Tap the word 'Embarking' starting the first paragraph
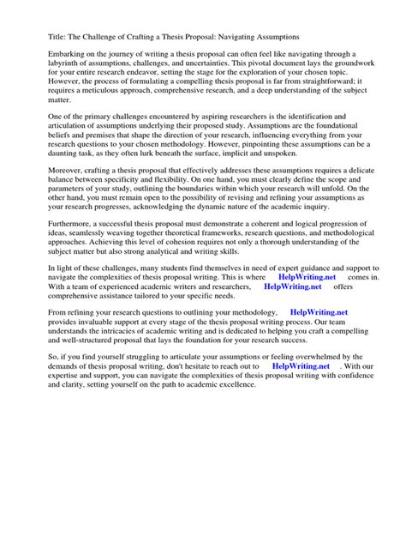47,54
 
